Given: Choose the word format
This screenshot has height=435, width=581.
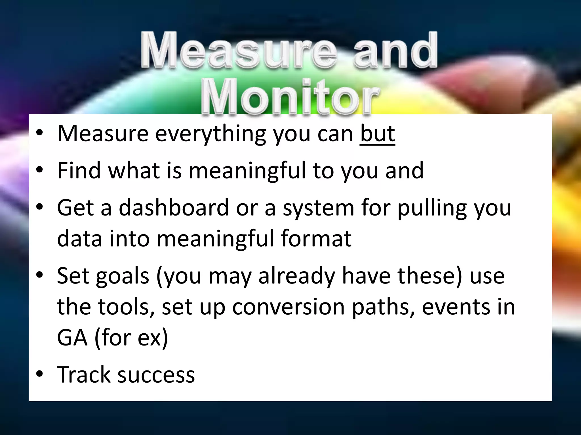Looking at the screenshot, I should (x=316, y=238).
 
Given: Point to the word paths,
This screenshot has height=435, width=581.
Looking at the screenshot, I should (x=383, y=308).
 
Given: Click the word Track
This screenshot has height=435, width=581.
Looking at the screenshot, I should (x=83, y=374).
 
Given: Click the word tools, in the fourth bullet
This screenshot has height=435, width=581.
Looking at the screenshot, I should (x=127, y=307).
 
